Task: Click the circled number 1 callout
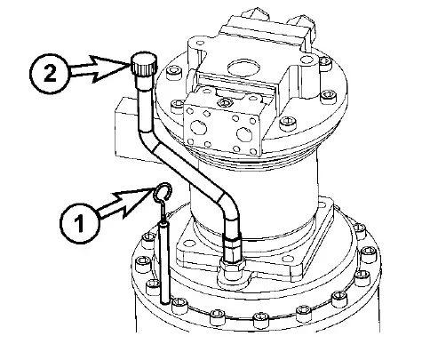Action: (x=79, y=223)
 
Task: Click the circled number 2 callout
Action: (x=50, y=74)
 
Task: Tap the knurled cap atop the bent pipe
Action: (x=144, y=65)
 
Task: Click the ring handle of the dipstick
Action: (x=163, y=191)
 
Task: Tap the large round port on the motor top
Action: (x=244, y=68)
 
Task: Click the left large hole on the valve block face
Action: (x=198, y=128)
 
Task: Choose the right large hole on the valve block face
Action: (x=244, y=135)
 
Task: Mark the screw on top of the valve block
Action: (x=225, y=103)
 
